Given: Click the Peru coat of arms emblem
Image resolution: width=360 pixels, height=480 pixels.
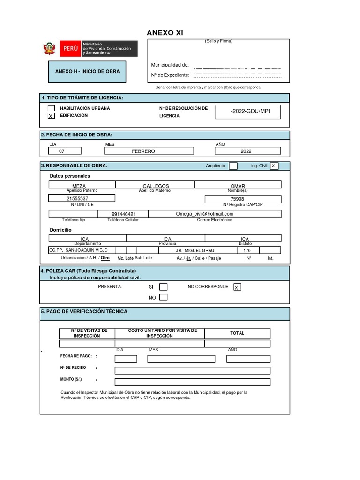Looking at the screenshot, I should coord(49,48).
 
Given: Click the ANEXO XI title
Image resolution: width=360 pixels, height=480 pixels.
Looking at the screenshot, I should coord(165,33).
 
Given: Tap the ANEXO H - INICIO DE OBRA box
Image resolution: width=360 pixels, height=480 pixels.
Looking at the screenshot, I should coord(87,72).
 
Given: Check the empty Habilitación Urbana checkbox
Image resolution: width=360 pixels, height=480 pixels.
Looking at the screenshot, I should coord(52,108).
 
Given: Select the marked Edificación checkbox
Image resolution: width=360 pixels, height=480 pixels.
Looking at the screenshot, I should coord(52,116).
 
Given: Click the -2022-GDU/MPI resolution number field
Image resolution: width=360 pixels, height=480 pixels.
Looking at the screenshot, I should coord(250,112).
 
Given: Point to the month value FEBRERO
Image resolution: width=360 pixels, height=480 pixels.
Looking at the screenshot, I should coord(143,151).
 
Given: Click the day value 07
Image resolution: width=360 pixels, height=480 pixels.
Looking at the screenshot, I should coord(62,151).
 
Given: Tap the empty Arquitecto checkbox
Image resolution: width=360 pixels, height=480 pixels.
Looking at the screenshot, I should coord(233,166).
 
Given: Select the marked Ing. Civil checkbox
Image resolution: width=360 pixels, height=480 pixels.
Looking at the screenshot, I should coord(274,166).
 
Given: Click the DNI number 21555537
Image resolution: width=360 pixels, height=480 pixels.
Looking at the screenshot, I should coord(77,199).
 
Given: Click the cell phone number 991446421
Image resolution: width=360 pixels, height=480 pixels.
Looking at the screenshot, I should coord(124,214).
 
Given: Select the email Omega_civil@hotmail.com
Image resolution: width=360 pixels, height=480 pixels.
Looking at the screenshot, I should coord(204,214).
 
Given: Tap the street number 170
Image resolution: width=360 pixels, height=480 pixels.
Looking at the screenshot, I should coord(247,250).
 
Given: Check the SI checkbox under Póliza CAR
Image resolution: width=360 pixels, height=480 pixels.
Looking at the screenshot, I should coord(163,287).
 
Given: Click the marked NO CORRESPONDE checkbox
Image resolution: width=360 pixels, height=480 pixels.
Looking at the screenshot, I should coord(238,287).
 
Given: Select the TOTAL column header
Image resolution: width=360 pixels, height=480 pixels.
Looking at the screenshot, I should coord(237,333).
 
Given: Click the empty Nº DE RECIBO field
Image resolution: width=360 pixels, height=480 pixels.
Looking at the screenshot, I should coord(192,370).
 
